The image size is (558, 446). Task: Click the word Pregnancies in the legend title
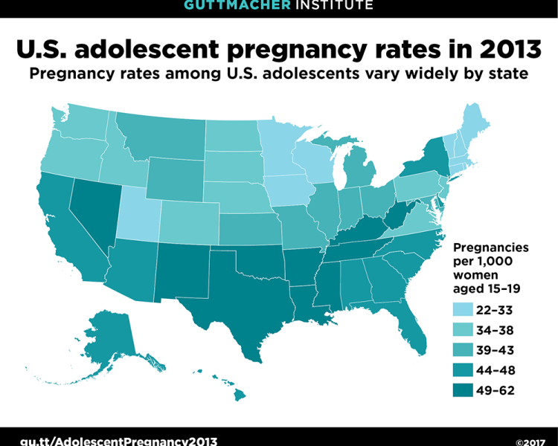point(491,247)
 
